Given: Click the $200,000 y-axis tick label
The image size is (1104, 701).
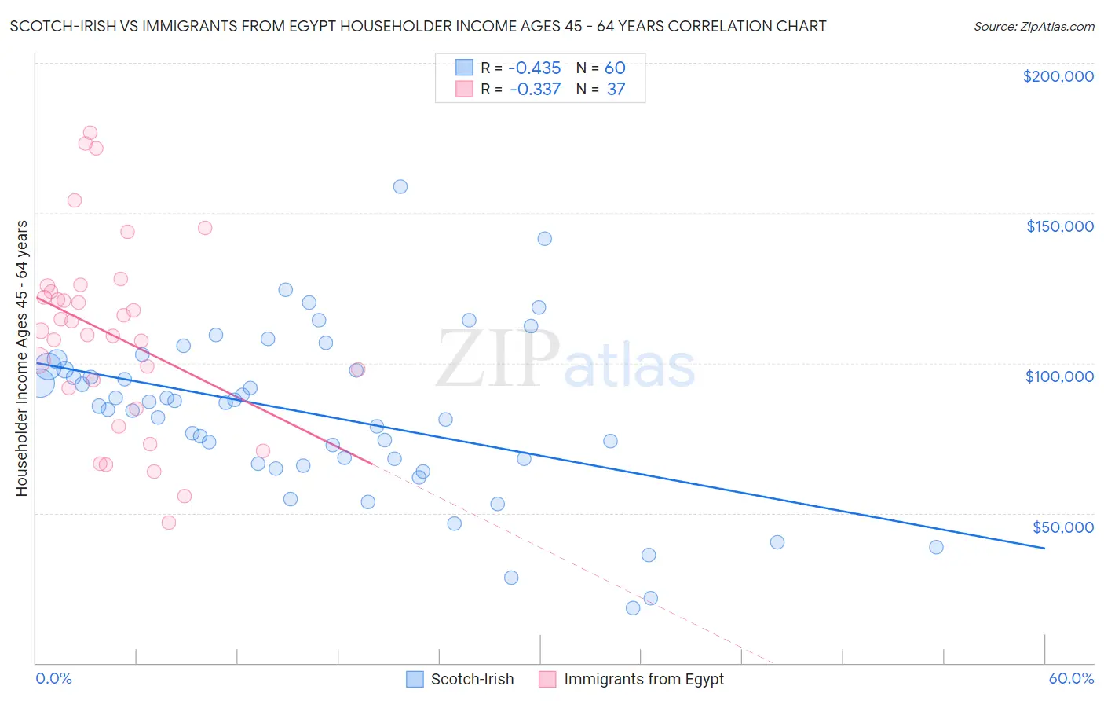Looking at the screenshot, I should (x=1058, y=76).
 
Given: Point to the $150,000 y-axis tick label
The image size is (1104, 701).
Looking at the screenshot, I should (x=1059, y=226).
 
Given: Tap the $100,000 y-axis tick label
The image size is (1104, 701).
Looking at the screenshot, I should (x=1059, y=376).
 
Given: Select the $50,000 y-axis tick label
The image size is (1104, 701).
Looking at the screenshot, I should (x=1062, y=527).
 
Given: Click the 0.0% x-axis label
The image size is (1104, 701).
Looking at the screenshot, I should (x=53, y=678).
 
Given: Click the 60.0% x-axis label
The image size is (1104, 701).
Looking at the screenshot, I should (x=1071, y=678).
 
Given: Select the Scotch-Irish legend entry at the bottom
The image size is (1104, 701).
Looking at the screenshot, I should (x=472, y=679).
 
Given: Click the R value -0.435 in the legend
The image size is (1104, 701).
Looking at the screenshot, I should (x=535, y=68).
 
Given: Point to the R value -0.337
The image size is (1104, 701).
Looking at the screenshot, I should (x=535, y=90).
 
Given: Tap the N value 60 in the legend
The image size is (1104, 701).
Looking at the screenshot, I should (x=615, y=68).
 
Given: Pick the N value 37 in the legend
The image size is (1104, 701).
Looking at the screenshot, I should (x=616, y=90).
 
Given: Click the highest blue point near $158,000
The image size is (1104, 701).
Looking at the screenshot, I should (x=400, y=187).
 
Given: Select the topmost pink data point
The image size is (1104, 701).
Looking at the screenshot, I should (x=90, y=133).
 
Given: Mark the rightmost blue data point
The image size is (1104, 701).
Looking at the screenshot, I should (x=936, y=548).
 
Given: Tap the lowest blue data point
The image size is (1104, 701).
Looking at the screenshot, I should (x=633, y=608).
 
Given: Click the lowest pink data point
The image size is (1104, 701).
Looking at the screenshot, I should (x=169, y=523).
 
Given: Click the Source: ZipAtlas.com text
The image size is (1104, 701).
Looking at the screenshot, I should (x=1033, y=27).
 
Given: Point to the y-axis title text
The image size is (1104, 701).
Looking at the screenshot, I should (x=22, y=358).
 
